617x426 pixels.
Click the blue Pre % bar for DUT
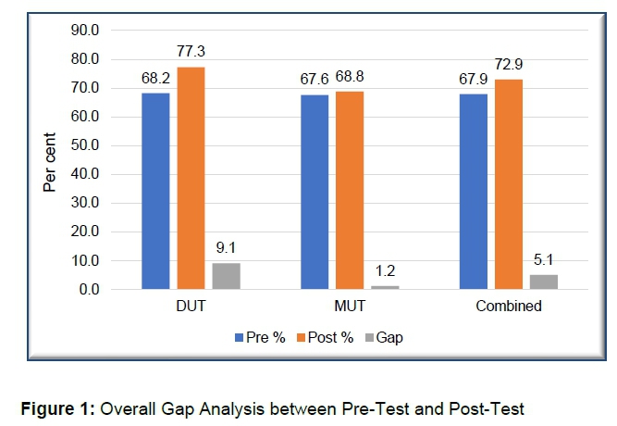click(155, 192)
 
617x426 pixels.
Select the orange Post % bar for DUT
click(191, 179)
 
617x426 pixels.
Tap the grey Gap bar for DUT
click(226, 277)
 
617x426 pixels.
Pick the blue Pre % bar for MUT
click(315, 193)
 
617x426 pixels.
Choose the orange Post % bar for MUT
click(349, 191)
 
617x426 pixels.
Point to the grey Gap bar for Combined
click(544, 282)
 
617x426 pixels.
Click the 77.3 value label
click(191, 58)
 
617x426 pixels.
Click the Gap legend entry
click(383, 338)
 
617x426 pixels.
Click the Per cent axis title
click(52, 159)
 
